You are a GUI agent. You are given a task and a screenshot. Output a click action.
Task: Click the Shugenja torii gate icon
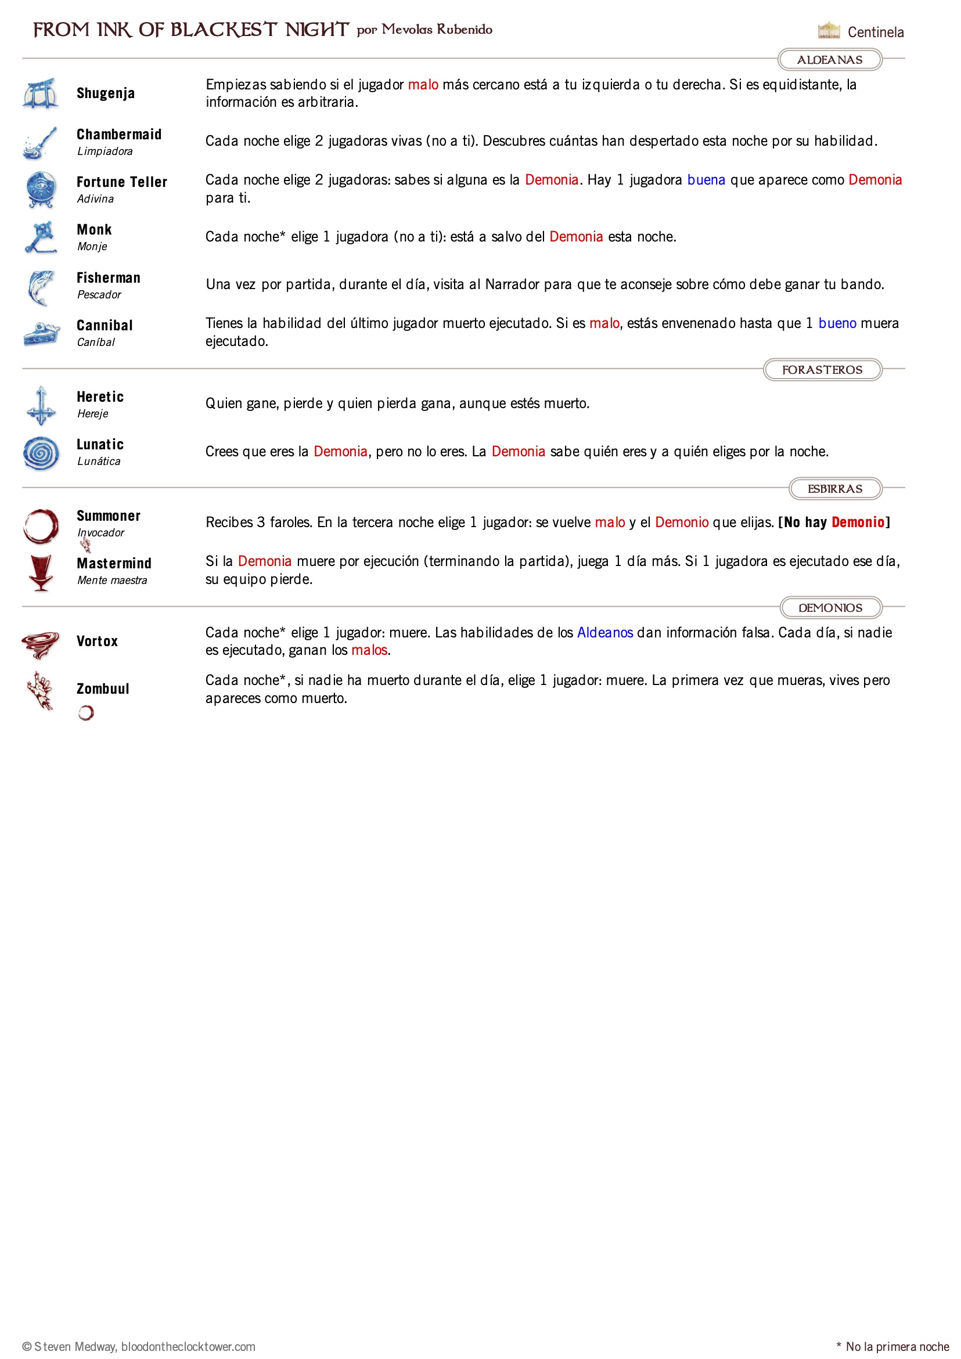pos(40,93)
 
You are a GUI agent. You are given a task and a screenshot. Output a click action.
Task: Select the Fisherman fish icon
pos(41,288)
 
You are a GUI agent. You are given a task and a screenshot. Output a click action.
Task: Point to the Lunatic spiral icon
pos(41,453)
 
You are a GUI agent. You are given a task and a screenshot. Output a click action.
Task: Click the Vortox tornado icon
pos(40,643)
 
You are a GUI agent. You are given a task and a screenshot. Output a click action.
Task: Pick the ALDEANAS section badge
pos(829,60)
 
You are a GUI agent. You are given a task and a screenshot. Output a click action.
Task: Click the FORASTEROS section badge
pos(822,370)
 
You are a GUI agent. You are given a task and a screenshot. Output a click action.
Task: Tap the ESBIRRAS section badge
pos(834,489)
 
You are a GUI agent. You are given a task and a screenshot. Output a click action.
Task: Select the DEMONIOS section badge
pos(830,608)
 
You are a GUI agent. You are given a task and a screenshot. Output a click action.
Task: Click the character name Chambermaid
pos(119,134)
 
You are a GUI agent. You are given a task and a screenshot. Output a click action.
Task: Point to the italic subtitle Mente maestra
pos(112,581)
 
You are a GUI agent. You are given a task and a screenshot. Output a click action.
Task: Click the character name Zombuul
pos(102,689)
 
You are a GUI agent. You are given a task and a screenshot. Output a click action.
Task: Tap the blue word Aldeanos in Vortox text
pos(604,633)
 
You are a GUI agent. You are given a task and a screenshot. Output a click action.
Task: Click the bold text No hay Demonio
pos(834,522)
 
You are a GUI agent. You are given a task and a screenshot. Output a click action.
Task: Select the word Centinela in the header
pos(875,32)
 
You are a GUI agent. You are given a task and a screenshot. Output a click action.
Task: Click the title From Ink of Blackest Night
pos(190,30)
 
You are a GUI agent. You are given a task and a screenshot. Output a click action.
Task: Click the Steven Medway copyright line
pos(139,1347)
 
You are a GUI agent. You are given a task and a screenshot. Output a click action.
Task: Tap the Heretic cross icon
pos(41,406)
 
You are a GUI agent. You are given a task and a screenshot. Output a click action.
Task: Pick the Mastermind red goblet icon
pos(41,573)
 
